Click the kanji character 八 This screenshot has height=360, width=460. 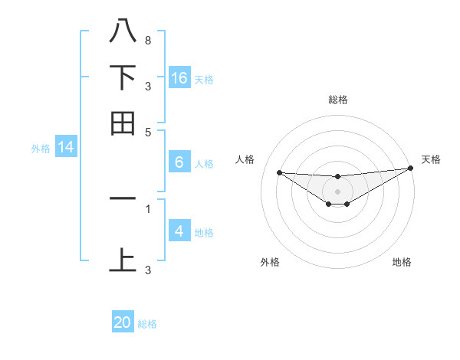tap(123, 31)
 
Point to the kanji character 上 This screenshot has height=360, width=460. tap(123, 260)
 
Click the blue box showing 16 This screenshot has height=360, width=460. tap(179, 77)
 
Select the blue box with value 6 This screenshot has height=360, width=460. tap(179, 162)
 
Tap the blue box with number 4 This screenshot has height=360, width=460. tap(179, 231)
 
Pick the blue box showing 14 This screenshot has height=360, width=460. tap(66, 147)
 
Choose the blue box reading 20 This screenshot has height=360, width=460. tap(123, 322)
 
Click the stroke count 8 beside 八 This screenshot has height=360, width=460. tap(147, 40)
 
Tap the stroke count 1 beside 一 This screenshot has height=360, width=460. tap(147, 208)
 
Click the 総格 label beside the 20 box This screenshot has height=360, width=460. tap(147, 324)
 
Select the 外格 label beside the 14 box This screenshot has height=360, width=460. tap(40, 149)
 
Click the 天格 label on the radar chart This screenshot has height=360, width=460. tap(431, 159)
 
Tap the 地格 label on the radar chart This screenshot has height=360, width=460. tap(402, 262)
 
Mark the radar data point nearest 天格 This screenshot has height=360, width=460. tap(411, 169)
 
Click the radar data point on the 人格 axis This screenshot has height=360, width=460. tap(279, 172)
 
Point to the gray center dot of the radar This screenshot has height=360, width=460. tap(337, 191)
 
